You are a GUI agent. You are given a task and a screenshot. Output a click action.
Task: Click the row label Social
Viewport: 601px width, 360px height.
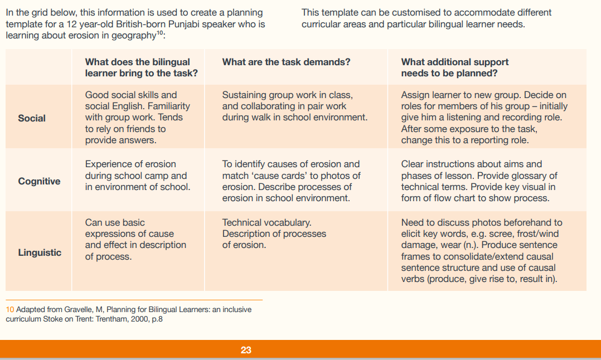(32, 118)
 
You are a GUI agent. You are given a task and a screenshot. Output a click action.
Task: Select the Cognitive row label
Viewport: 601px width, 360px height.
(39, 181)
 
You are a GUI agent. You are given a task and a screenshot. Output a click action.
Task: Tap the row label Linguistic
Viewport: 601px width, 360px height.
(40, 252)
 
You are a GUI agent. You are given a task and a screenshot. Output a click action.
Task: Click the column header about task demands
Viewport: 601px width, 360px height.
(286, 62)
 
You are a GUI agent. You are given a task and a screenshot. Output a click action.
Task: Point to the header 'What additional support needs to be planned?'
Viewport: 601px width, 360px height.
(454, 67)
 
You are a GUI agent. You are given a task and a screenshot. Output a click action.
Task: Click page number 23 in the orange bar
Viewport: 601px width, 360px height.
(246, 350)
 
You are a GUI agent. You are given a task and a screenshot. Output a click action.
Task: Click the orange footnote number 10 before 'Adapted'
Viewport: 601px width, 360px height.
(10, 309)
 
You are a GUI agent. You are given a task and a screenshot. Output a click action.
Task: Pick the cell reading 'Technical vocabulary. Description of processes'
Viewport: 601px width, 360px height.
(274, 233)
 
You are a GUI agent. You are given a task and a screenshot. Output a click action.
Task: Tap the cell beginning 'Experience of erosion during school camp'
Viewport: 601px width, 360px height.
(137, 176)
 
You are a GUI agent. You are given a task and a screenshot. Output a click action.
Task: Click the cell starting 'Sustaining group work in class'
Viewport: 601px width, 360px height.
(294, 106)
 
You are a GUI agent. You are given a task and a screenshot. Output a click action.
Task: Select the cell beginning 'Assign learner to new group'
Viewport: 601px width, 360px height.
(484, 118)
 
